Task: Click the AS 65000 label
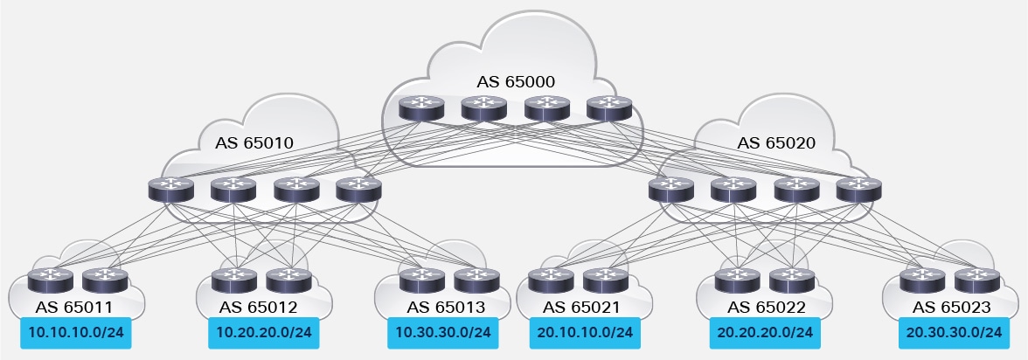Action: [516, 82]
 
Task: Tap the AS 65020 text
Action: [776, 142]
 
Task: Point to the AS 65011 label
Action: [75, 307]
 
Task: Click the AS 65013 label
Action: [447, 307]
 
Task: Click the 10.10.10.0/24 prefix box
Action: [75, 333]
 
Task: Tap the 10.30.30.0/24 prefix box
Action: [442, 333]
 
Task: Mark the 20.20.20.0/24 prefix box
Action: [763, 333]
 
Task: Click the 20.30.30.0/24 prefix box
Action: [951, 333]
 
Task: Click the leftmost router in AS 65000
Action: [417, 107]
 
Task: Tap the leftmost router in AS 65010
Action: [168, 190]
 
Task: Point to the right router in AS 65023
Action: [976, 280]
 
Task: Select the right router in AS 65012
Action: [283, 280]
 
